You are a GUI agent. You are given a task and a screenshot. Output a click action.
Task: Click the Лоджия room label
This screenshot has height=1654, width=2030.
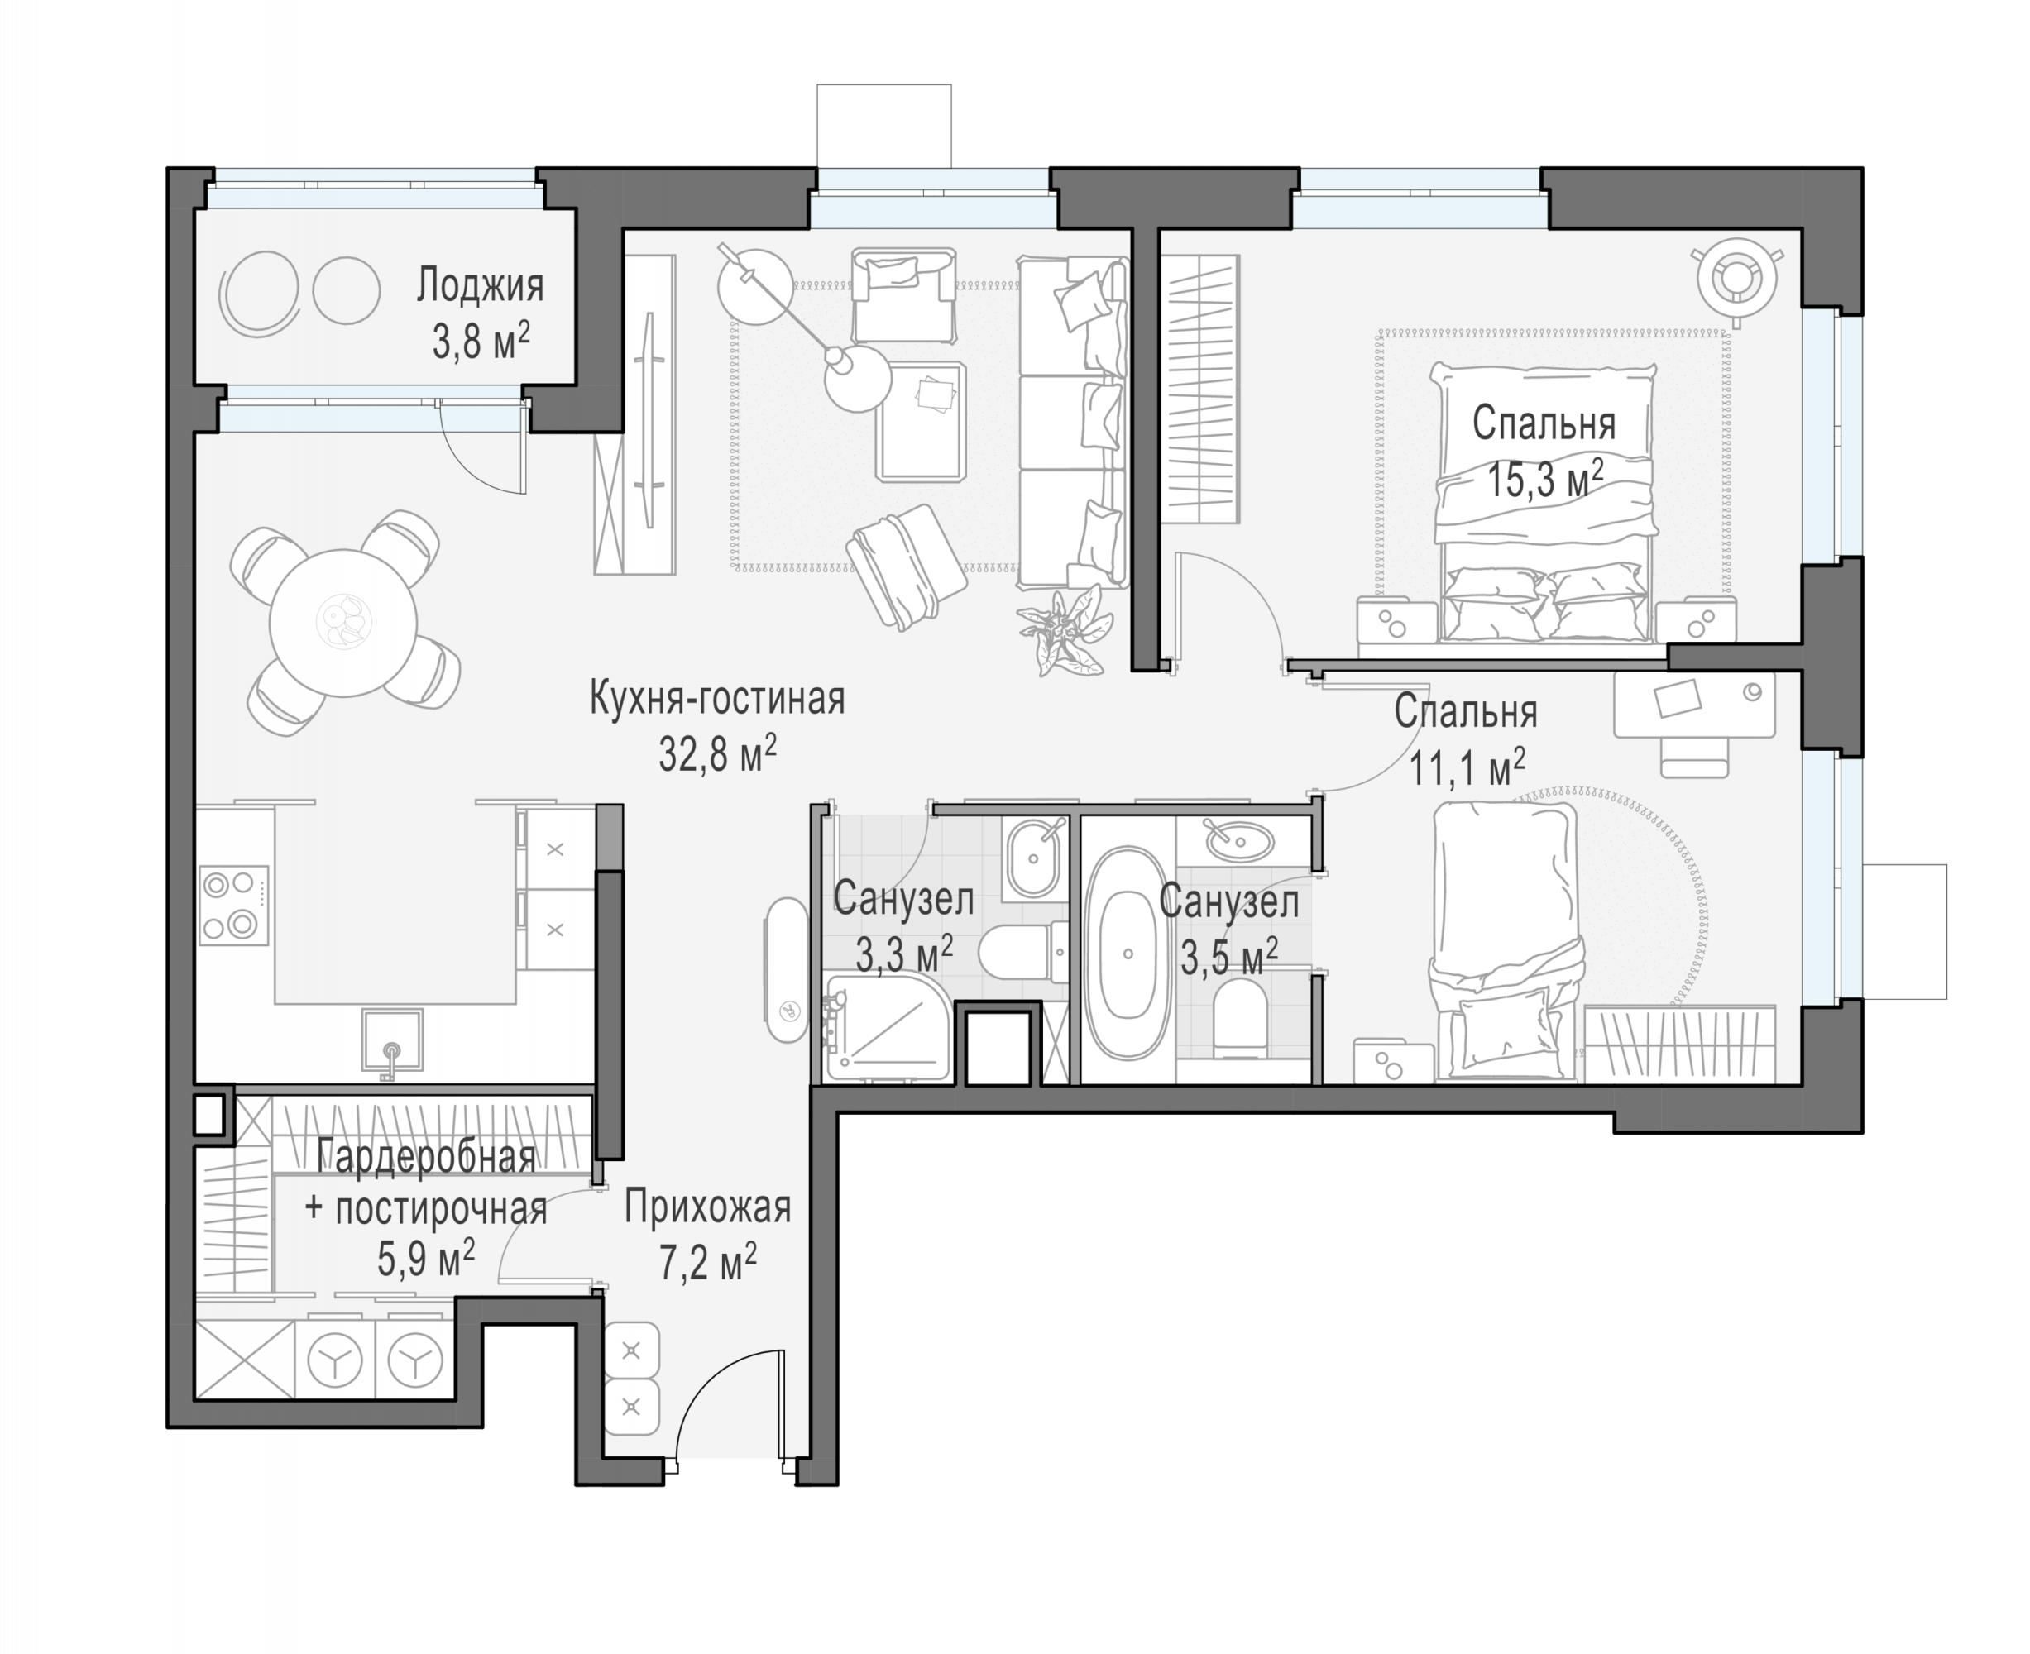pyautogui.click(x=480, y=287)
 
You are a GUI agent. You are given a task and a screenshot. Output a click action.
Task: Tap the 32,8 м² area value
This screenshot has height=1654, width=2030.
pyautogui.click(x=716, y=754)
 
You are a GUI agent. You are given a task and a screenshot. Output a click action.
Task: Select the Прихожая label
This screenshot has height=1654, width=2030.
pyautogui.click(x=707, y=1208)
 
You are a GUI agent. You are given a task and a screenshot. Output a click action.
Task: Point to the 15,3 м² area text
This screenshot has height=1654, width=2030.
pyautogui.click(x=1545, y=479)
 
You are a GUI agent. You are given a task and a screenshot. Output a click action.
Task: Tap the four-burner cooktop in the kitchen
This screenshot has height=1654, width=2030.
pyautogui.click(x=233, y=905)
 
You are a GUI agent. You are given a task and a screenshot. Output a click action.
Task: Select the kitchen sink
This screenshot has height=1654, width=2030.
pyautogui.click(x=392, y=1040)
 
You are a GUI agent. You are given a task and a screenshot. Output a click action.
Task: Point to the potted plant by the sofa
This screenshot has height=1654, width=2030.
pyautogui.click(x=1065, y=630)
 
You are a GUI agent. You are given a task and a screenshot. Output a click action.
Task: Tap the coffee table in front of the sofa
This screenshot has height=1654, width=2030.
pyautogui.click(x=921, y=420)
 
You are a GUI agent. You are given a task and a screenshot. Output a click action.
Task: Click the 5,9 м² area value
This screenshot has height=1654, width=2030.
pyautogui.click(x=426, y=1259)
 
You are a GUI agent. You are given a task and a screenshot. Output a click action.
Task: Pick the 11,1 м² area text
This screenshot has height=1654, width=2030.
pyautogui.click(x=1467, y=768)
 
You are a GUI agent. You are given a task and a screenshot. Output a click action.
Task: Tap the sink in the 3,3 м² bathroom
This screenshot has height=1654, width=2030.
pyautogui.click(x=1033, y=857)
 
